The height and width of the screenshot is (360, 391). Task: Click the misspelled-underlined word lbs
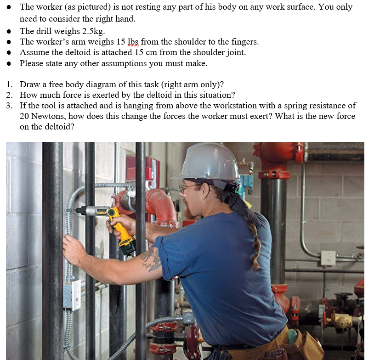coord(133,42)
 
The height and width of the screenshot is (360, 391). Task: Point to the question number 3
coord(10,106)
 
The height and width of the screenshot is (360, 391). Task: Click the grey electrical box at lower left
coord(72,294)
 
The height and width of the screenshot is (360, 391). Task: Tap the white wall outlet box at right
coord(329,258)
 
